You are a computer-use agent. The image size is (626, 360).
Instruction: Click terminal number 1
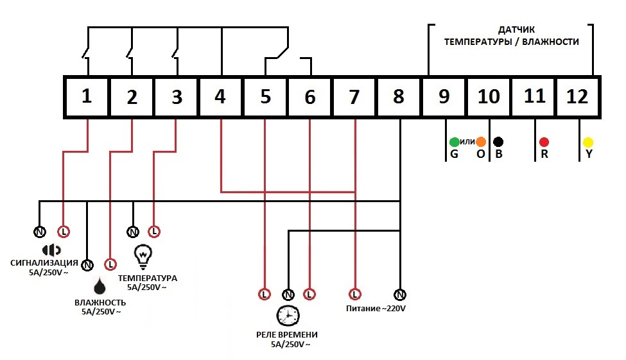click(86, 97)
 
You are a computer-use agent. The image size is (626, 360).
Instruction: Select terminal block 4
click(220, 97)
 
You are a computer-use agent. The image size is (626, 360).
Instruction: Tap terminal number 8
click(399, 97)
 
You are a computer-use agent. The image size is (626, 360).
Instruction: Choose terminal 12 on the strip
click(577, 97)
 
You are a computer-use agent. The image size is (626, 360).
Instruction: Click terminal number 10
click(488, 97)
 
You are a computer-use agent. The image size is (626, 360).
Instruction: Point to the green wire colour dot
click(455, 142)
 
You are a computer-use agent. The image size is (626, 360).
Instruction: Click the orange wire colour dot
click(481, 142)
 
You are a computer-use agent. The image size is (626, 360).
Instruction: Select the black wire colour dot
click(498, 142)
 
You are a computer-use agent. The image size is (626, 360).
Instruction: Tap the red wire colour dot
click(544, 142)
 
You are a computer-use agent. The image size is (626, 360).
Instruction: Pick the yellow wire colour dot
click(588, 142)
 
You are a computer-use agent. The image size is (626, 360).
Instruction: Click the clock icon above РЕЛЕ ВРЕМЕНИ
click(288, 316)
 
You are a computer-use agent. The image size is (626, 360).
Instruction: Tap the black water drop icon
click(100, 286)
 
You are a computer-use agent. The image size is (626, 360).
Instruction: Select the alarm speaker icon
click(51, 250)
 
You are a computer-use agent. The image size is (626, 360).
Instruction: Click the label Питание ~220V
click(376, 309)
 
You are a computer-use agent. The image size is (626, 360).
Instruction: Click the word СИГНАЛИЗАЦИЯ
click(44, 263)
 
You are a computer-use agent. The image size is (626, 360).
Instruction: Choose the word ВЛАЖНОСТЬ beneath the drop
click(100, 302)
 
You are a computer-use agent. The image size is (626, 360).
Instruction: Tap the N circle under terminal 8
click(400, 295)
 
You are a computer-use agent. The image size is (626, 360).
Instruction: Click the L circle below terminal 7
click(355, 295)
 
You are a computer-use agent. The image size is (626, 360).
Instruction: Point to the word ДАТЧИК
click(516, 30)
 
